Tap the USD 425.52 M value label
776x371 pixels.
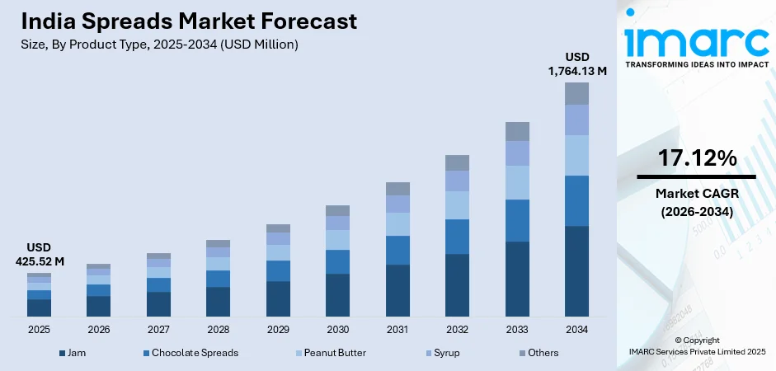click(x=39, y=255)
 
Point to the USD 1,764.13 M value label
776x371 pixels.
click(x=577, y=64)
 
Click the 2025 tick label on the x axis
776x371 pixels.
click(x=39, y=329)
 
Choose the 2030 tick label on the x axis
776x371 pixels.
click(x=337, y=329)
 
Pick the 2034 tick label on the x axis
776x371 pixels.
click(x=576, y=329)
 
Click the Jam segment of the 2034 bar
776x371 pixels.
click(x=576, y=270)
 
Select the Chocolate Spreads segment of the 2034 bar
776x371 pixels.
click(x=576, y=200)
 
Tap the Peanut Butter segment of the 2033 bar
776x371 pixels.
click(x=517, y=182)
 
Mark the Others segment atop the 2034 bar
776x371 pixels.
click(x=576, y=93)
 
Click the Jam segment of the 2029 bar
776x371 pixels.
click(x=278, y=298)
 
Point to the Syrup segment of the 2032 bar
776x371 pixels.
click(x=457, y=181)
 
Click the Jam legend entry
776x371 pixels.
click(x=73, y=353)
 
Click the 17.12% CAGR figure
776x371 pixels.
click(x=697, y=159)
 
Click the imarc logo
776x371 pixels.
click(x=697, y=37)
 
